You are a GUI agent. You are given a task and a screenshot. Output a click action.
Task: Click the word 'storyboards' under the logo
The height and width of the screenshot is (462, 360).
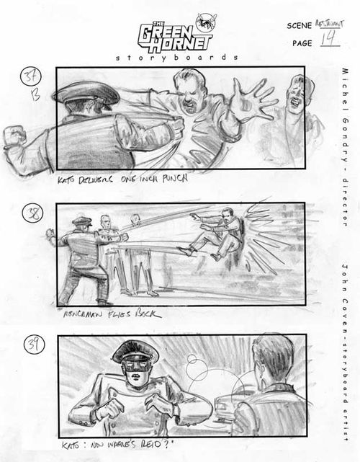[x=176, y=57]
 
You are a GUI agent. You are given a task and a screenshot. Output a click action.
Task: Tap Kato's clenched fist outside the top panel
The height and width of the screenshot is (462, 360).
[x=15, y=138]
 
